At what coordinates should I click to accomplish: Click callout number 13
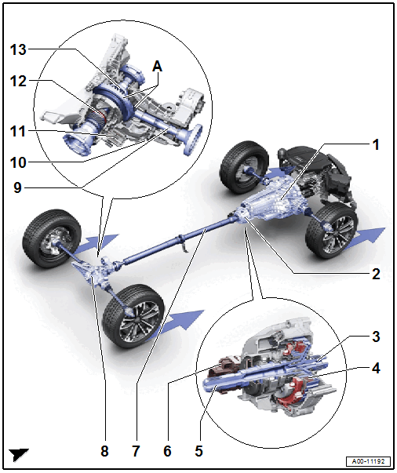[x=18, y=49]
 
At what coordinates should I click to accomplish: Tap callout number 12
[x=18, y=81]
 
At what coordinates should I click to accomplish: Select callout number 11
[x=18, y=132]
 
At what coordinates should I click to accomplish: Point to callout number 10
[x=18, y=162]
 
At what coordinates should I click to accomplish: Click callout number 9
[x=18, y=187]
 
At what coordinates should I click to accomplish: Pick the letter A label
[x=157, y=66]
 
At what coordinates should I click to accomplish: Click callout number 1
[x=376, y=145]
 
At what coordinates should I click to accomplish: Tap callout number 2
[x=376, y=275]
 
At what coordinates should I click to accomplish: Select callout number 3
[x=376, y=337]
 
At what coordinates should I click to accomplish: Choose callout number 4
[x=376, y=368]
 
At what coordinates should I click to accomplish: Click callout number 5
[x=198, y=451]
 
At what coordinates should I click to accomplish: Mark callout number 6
[x=167, y=451]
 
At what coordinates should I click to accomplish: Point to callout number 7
[x=136, y=451]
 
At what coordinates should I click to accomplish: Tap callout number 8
[x=104, y=451]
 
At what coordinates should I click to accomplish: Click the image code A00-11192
[x=368, y=461]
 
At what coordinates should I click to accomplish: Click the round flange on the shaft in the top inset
[x=193, y=140]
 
